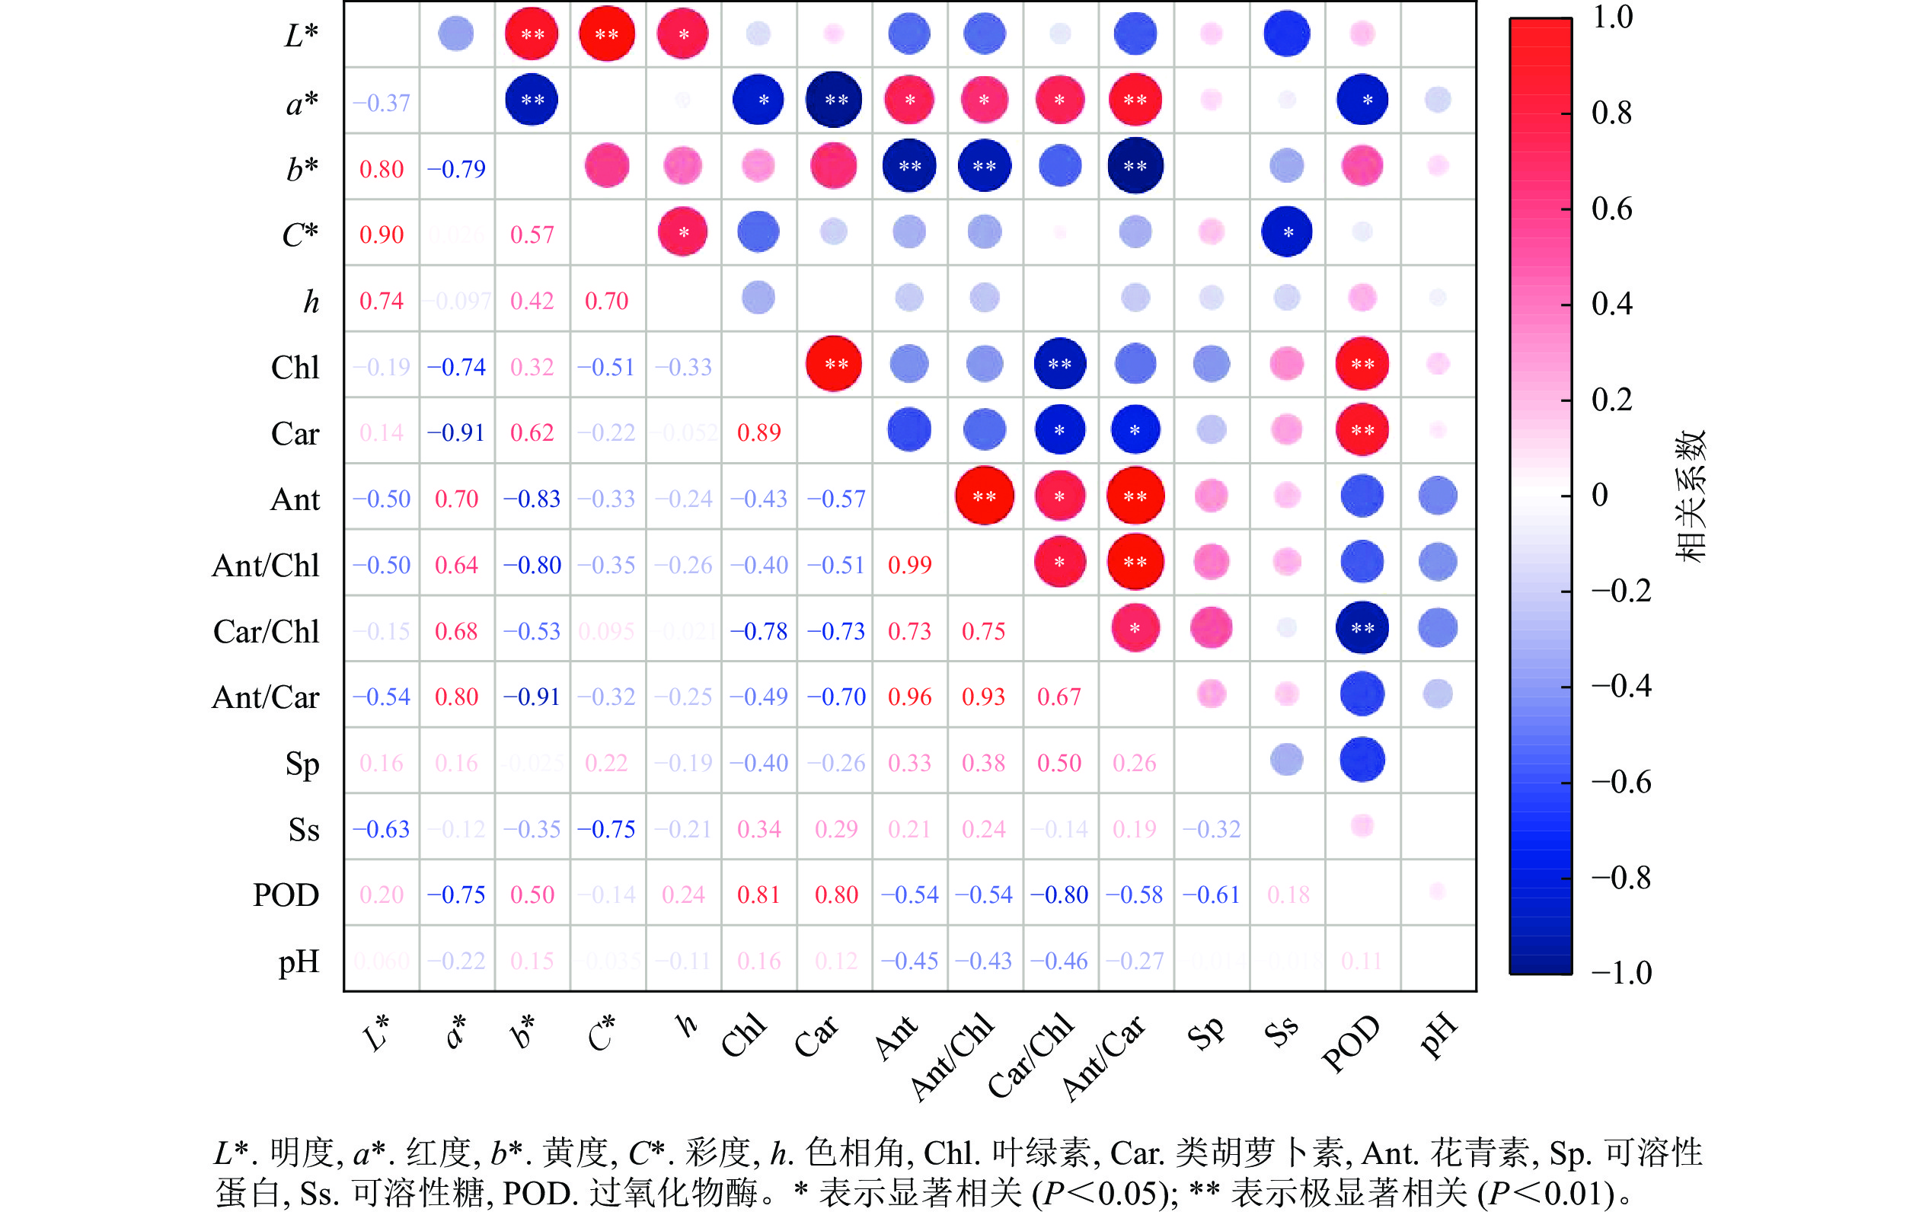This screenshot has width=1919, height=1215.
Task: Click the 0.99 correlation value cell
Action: coord(909,565)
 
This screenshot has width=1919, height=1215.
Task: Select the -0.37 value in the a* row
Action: coord(381,103)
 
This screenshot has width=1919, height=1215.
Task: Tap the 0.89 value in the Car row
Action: coord(758,432)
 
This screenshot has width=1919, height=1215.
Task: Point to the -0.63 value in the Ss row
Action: coord(381,828)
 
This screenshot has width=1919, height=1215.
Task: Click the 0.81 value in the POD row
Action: coord(758,895)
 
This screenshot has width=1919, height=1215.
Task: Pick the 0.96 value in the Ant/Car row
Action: coord(909,697)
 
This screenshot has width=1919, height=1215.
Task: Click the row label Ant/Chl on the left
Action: coord(265,565)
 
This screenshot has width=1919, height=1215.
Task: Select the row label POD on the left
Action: coord(286,895)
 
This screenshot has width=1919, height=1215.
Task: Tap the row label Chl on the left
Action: coord(295,367)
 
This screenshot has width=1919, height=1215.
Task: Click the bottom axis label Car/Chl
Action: coord(1030,1056)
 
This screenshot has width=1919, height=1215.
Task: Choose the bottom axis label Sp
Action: coord(1205,1033)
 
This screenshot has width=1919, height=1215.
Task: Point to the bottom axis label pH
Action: coord(1438,1036)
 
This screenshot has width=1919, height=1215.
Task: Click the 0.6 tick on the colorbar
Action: coord(1611,209)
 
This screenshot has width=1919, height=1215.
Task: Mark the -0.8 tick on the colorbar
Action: coord(1621,877)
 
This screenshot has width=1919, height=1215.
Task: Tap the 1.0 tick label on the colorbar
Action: coord(1612,18)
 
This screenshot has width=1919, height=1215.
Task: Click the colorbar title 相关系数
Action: coord(1689,496)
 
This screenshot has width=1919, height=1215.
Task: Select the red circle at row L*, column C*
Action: coord(606,33)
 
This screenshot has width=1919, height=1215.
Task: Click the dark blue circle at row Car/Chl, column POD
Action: coord(1362,628)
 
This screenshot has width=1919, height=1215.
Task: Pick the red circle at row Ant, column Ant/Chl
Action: coord(984,496)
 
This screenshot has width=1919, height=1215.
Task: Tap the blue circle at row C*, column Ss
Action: coord(1286,232)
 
